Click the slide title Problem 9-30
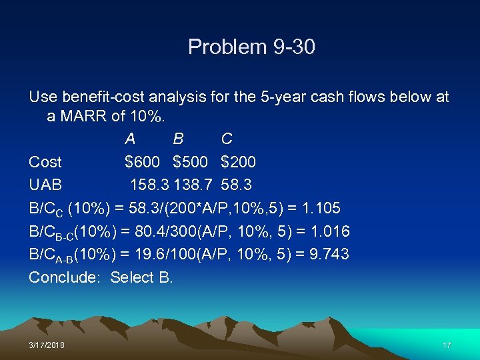click(x=251, y=47)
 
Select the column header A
click(x=130, y=139)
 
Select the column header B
click(x=178, y=139)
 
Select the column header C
click(x=227, y=139)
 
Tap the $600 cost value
click(x=142, y=162)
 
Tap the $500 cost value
click(x=190, y=162)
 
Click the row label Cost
click(x=45, y=162)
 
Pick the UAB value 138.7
click(x=193, y=185)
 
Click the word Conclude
click(x=64, y=277)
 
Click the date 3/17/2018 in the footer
click(x=47, y=345)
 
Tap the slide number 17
click(x=447, y=345)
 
